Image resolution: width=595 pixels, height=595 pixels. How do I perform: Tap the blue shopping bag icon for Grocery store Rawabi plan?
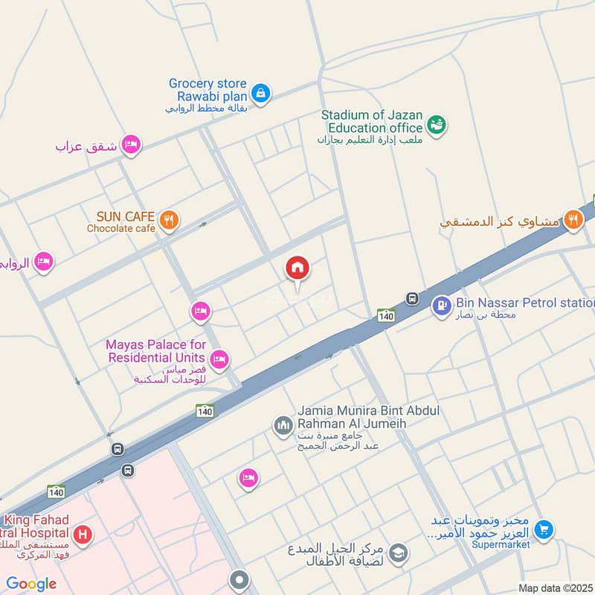[260, 93]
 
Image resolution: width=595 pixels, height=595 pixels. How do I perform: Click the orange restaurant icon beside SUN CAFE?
[170, 220]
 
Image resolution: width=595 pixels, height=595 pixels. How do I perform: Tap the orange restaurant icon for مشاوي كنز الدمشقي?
[573, 219]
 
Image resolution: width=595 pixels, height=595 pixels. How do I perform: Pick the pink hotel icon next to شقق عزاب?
[131, 144]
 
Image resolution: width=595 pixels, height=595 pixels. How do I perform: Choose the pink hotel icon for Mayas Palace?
[219, 360]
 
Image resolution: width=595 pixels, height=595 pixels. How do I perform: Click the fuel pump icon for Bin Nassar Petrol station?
[442, 305]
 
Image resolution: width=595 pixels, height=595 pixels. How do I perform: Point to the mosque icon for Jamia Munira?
[283, 425]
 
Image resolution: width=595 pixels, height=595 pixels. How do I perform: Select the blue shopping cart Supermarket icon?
[544, 530]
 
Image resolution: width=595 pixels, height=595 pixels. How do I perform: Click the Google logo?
[31, 584]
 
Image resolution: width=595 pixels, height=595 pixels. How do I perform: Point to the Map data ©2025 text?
[556, 588]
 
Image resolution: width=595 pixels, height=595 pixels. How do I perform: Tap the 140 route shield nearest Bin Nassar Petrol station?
[385, 315]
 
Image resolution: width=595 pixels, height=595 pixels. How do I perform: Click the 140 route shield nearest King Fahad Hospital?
[56, 492]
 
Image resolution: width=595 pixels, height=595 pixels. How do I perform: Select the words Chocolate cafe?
[121, 228]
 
